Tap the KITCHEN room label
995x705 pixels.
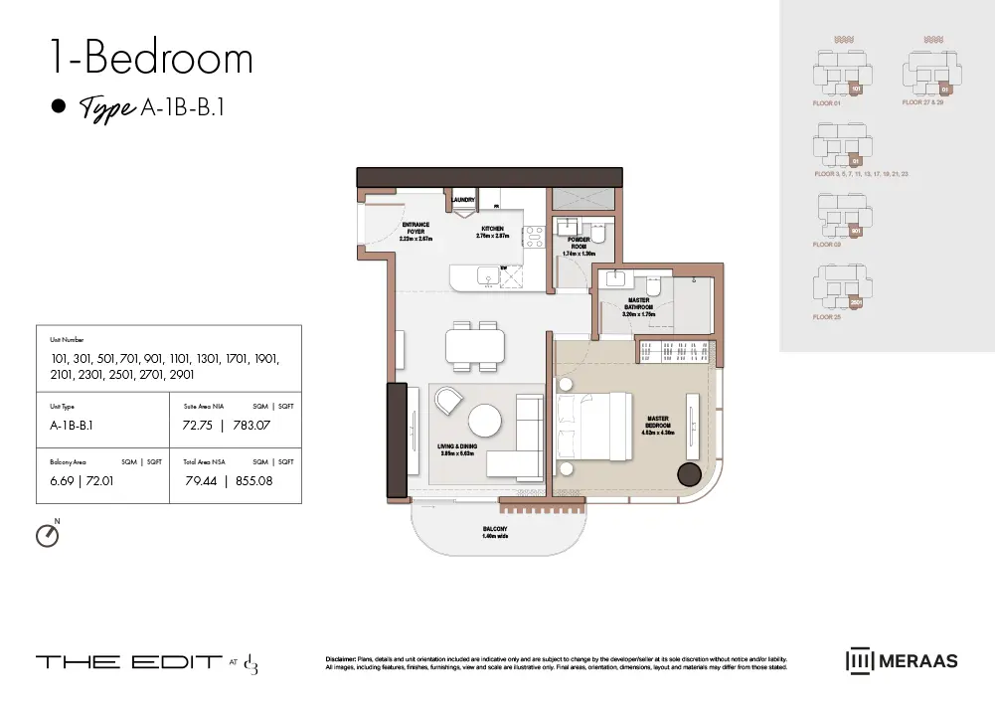click(x=492, y=232)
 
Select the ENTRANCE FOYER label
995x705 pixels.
click(x=415, y=232)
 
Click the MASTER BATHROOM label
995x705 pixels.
click(x=639, y=303)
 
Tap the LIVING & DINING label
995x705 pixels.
click(x=457, y=449)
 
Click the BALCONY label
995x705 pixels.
click(x=495, y=532)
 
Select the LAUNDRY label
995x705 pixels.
click(x=463, y=200)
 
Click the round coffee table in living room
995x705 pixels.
click(x=485, y=420)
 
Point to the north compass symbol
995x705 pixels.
click(x=47, y=535)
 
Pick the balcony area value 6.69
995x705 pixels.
click(x=61, y=481)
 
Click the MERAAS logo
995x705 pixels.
click(x=902, y=661)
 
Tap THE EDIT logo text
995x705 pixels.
click(x=129, y=662)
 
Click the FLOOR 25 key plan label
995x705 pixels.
click(x=827, y=316)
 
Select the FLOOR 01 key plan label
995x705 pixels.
click(x=827, y=102)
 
